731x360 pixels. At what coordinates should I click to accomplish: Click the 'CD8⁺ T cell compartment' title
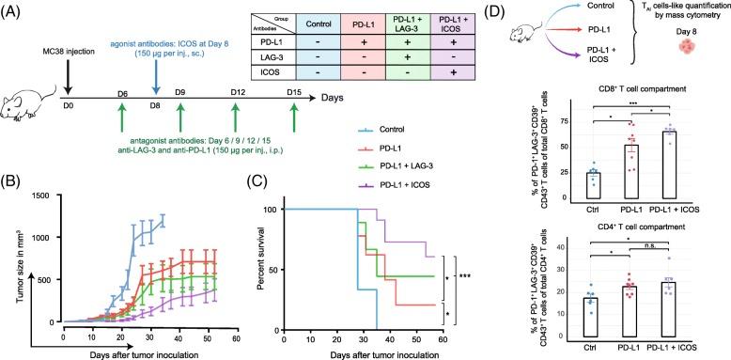(624, 89)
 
